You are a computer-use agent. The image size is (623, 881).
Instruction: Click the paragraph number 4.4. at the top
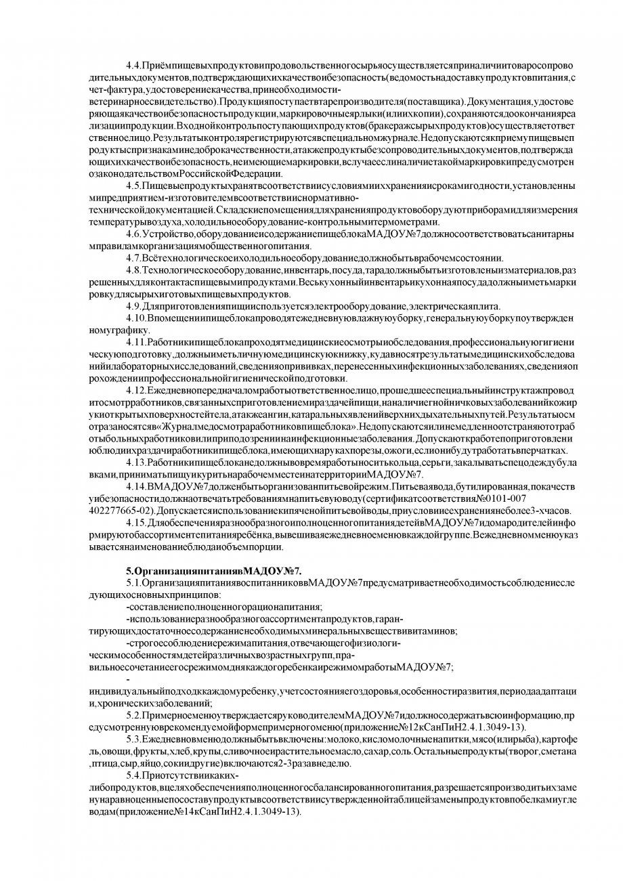coord(133,65)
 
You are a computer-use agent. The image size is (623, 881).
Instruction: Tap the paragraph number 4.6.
coord(133,234)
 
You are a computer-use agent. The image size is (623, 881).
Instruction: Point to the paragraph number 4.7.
coord(133,258)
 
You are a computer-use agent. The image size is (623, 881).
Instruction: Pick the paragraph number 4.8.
coord(133,271)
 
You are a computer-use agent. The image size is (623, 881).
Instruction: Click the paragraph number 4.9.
coord(133,305)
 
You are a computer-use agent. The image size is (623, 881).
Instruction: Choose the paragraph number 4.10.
coord(135,318)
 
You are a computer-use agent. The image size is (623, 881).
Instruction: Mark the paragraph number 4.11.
coord(135,341)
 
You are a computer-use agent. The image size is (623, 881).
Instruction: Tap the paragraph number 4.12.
coord(135,389)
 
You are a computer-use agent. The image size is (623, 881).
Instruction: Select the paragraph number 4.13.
coord(135,461)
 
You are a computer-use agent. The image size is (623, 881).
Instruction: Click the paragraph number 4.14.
coord(135,486)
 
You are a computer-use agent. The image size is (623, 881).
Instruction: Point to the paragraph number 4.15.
coord(135,522)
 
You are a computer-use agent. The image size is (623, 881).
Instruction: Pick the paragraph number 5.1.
coord(133,582)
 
